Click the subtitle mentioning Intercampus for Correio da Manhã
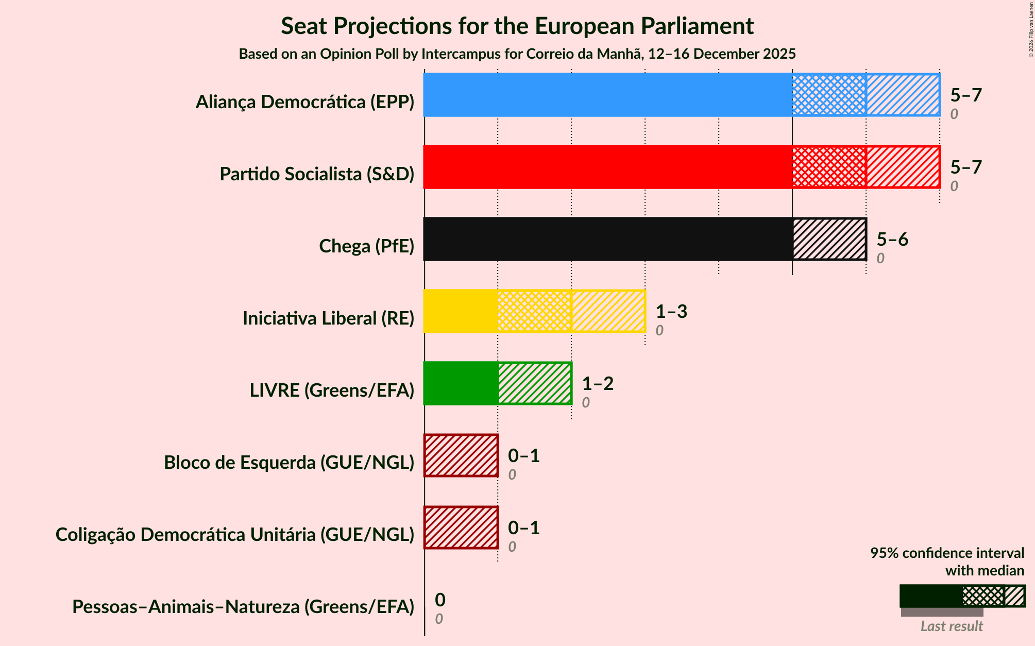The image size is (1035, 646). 517,54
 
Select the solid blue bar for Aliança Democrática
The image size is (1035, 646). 608,95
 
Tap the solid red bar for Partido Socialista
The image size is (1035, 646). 608,167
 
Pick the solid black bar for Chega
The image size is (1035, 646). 608,239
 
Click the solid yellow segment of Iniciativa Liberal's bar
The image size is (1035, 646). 461,311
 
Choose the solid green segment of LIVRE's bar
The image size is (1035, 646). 461,383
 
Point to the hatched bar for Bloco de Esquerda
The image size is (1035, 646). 461,455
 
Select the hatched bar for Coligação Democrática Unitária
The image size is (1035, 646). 461,528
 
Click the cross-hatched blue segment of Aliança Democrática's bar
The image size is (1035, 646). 829,95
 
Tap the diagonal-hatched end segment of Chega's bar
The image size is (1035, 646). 829,239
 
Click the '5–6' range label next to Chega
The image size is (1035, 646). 892,240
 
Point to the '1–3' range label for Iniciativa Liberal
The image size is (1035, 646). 671,312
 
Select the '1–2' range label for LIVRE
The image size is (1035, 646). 598,384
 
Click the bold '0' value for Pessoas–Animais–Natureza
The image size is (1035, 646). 440,600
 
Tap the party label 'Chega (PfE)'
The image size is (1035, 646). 366,246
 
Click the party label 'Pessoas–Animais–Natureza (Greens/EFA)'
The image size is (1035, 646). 243,607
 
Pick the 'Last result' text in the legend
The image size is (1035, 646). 952,626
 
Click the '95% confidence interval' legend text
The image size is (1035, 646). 947,553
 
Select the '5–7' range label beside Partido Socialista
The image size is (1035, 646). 966,167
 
